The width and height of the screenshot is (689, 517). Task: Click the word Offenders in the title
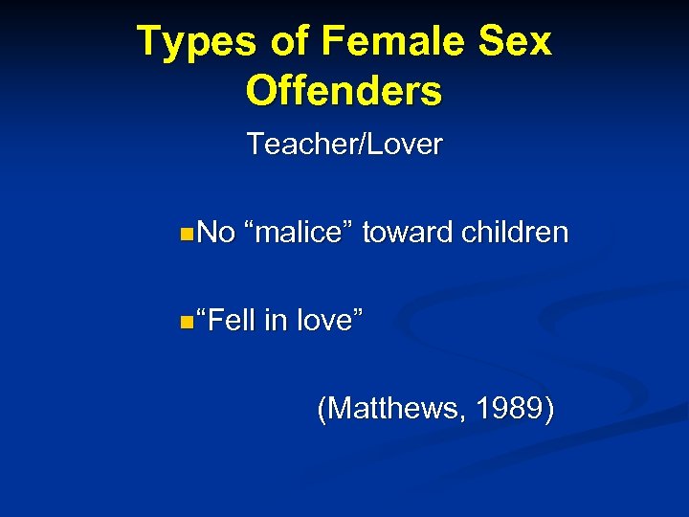[x=344, y=91]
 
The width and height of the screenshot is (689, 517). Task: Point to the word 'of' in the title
[x=284, y=42]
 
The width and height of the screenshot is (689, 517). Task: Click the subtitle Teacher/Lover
[x=344, y=145]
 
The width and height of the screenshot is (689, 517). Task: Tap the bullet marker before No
[x=185, y=233]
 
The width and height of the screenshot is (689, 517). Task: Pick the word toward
[x=409, y=233]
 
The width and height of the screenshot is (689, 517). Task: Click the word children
[x=516, y=233]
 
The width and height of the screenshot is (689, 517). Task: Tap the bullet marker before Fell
[x=185, y=321]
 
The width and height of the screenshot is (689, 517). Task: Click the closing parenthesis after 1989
[x=547, y=410]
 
